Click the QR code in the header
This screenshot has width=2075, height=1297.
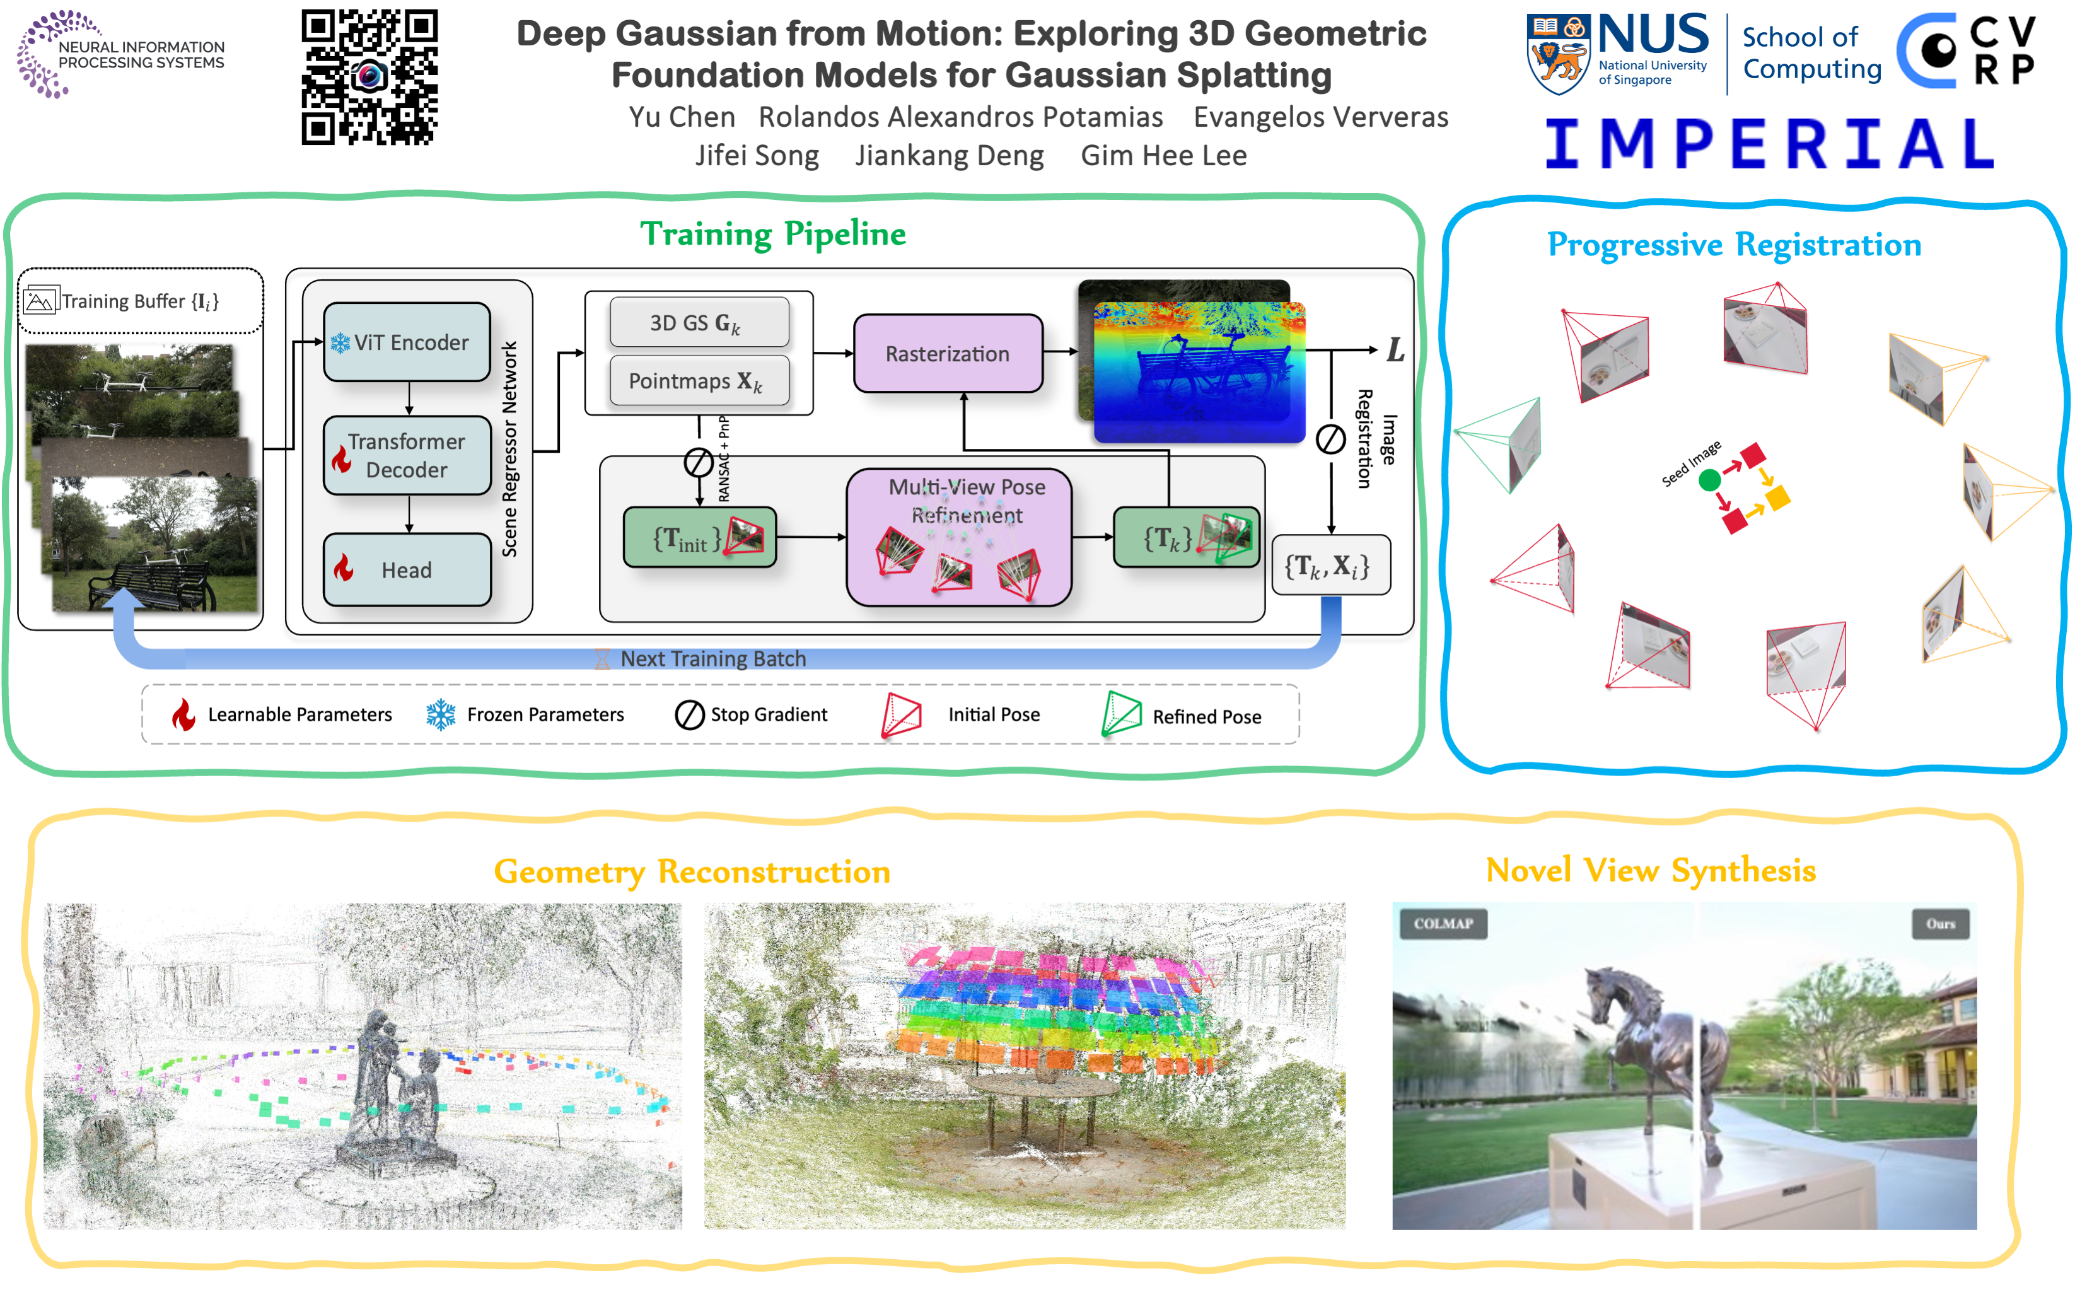click(x=369, y=76)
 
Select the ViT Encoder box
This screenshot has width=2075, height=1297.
click(x=407, y=342)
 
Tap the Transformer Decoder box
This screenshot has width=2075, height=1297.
click(x=407, y=455)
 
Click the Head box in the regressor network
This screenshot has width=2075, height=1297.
click(x=407, y=569)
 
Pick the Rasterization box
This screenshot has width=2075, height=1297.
click(x=947, y=354)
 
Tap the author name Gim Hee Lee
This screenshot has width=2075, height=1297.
click(x=1163, y=155)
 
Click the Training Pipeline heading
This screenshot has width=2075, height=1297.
click(x=773, y=234)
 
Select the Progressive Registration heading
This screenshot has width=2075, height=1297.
click(x=1734, y=245)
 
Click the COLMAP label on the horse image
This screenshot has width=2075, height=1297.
click(x=1443, y=924)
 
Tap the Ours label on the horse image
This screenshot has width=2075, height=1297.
click(x=1940, y=924)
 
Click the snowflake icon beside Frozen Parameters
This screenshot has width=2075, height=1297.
click(x=441, y=714)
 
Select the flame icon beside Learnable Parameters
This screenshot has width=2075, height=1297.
click(x=183, y=714)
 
